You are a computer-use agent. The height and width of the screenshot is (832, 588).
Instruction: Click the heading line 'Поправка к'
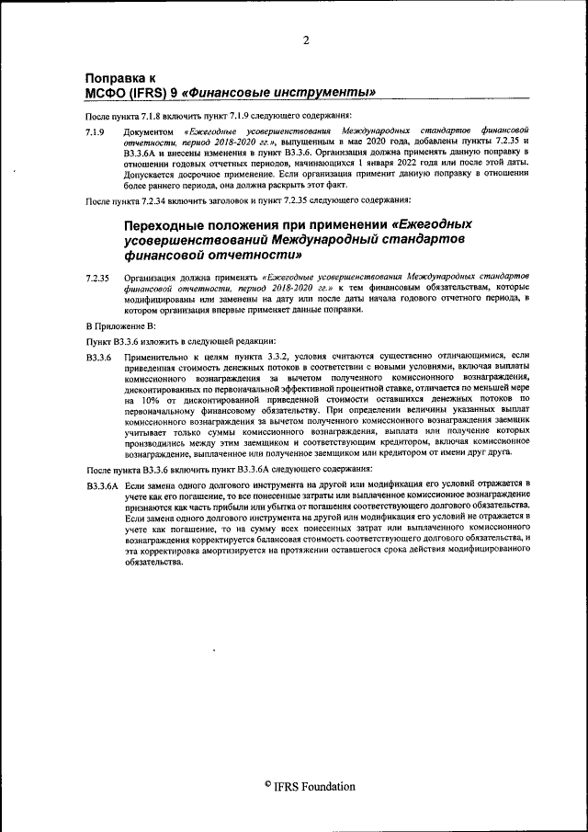tap(120, 78)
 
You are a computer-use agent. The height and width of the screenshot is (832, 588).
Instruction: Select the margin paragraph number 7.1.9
tap(95, 132)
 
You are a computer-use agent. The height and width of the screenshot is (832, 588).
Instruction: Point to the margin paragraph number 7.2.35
tap(97, 277)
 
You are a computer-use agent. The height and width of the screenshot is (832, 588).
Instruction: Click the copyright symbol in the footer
tap(267, 784)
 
